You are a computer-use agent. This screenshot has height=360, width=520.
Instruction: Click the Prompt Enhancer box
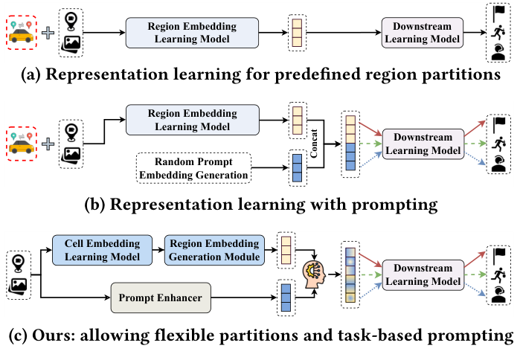tap(161, 298)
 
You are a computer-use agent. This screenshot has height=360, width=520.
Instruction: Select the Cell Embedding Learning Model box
tap(102, 250)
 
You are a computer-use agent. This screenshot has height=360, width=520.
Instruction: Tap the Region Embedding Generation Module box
tap(214, 250)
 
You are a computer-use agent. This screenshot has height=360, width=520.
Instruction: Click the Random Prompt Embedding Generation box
tap(193, 168)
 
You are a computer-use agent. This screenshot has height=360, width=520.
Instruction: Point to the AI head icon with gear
tap(314, 273)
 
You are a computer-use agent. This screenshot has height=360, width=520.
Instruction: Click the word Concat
tap(314, 144)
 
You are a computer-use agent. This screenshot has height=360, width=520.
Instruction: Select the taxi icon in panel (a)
tap(22, 33)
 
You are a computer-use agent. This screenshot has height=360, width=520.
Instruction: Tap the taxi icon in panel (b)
tap(22, 144)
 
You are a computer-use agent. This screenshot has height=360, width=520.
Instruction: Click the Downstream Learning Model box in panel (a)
tap(422, 33)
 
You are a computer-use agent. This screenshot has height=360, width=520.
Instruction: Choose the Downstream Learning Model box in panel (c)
tap(423, 274)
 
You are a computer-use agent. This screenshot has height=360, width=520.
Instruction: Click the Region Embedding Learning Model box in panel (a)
tap(192, 33)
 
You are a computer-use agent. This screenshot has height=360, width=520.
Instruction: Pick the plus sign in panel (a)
tap(48, 33)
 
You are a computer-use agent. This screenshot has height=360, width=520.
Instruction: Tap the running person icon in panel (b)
tap(498, 144)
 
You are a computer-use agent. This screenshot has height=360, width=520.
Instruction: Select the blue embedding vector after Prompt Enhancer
tap(286, 298)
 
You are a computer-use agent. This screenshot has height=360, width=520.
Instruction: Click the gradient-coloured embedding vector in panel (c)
tap(350, 275)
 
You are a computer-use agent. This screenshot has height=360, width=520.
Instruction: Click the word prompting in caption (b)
tap(394, 205)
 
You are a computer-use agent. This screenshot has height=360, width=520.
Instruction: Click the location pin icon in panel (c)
tap(18, 263)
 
